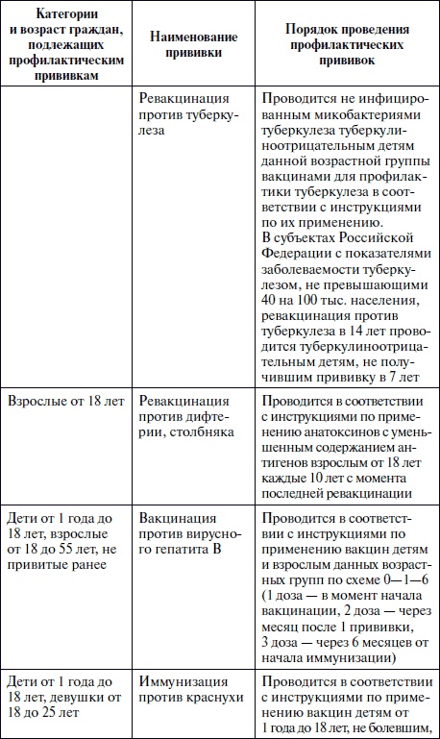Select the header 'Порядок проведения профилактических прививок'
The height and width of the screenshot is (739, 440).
click(x=346, y=44)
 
